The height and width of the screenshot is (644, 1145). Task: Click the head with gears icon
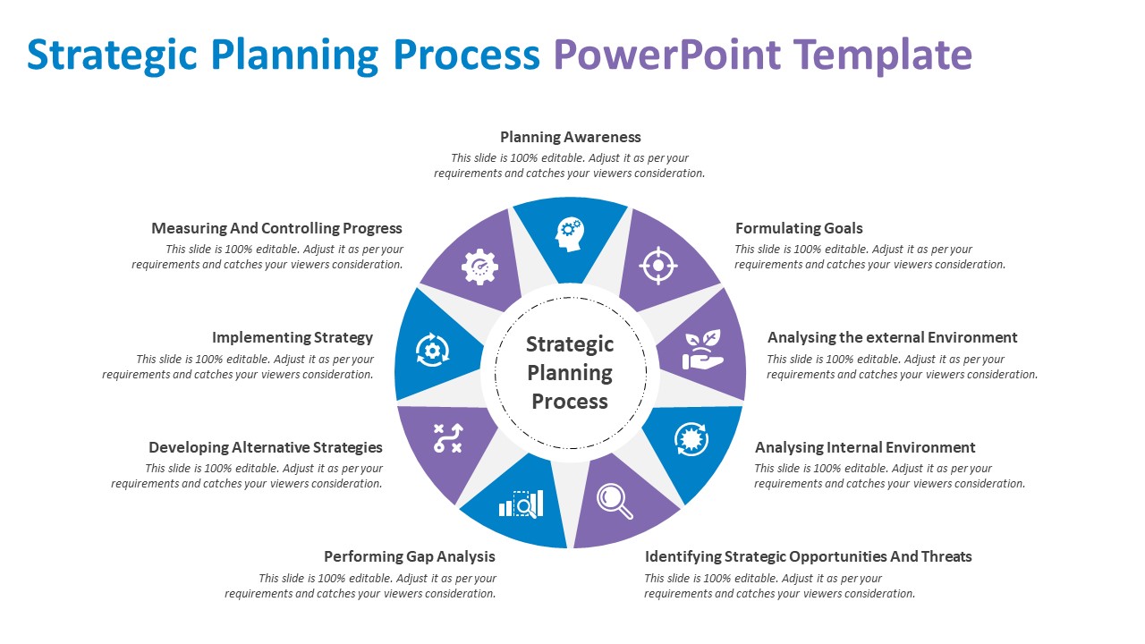(x=570, y=233)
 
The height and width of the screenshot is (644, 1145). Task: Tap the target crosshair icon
(x=658, y=266)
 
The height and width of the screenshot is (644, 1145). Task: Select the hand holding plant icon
(x=702, y=350)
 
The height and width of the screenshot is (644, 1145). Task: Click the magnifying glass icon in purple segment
(x=615, y=501)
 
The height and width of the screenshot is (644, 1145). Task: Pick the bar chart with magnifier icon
(x=522, y=504)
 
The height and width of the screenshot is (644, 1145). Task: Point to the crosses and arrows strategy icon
(x=447, y=438)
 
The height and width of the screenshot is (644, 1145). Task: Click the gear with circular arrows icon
(x=433, y=349)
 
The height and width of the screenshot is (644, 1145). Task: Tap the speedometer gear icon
(x=479, y=267)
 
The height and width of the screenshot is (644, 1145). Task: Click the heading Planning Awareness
(x=571, y=137)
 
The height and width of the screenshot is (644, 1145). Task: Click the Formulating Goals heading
(x=799, y=228)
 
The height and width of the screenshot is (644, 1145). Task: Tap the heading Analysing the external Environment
(x=892, y=337)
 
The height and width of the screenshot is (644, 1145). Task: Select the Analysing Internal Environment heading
(x=865, y=447)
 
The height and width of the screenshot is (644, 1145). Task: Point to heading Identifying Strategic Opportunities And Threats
(x=808, y=556)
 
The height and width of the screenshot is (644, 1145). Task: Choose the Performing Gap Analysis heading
(x=410, y=556)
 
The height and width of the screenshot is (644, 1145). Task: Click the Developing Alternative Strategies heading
(x=266, y=447)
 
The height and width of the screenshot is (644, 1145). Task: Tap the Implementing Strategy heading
(x=293, y=337)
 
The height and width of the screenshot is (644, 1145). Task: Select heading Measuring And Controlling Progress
(x=276, y=228)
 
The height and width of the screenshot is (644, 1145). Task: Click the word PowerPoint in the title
(x=666, y=55)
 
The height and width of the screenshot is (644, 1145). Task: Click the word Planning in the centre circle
(x=570, y=373)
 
